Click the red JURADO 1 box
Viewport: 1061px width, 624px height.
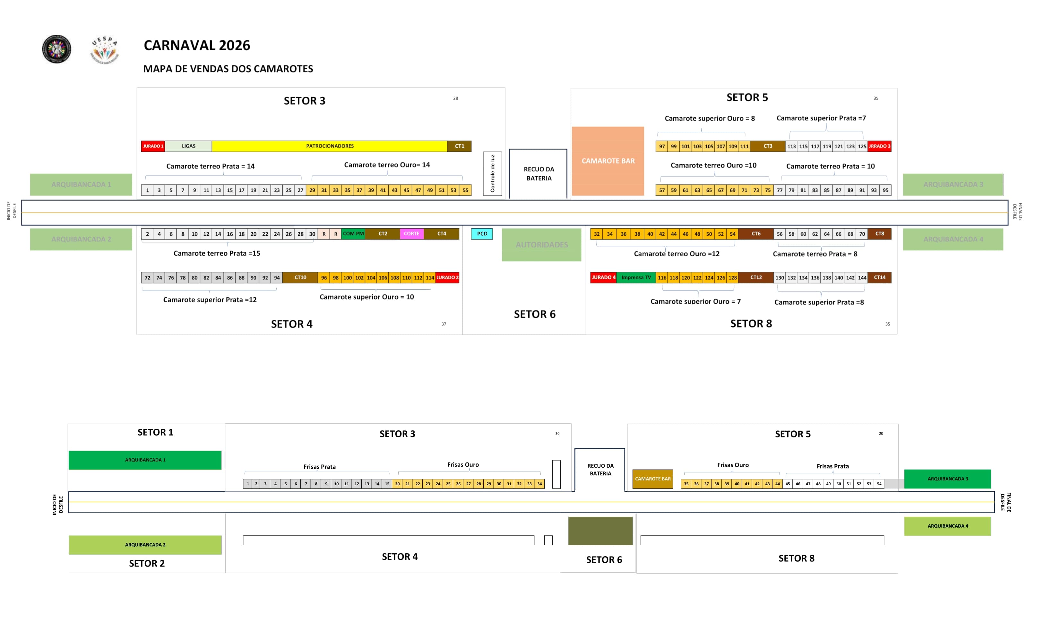click(x=153, y=146)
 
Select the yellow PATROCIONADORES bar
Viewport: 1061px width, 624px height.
click(x=329, y=146)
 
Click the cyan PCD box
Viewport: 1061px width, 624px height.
click(x=482, y=234)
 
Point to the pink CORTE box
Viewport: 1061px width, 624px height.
click(x=411, y=234)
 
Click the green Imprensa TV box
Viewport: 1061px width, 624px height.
click(x=636, y=278)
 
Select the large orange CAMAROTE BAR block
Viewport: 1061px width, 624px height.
click(x=608, y=161)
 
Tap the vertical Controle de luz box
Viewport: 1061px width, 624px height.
click(x=492, y=174)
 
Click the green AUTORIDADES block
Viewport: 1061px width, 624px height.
click(x=541, y=245)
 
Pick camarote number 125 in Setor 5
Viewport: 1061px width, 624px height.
click(x=862, y=147)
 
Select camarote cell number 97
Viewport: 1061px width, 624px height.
click(x=662, y=147)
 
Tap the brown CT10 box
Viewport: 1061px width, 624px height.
click(x=300, y=278)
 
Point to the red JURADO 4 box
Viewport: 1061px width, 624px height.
click(x=603, y=278)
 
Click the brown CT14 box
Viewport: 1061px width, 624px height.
click(x=880, y=278)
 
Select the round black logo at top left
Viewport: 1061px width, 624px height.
click(x=57, y=49)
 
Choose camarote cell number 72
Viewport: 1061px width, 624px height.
click(x=147, y=278)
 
